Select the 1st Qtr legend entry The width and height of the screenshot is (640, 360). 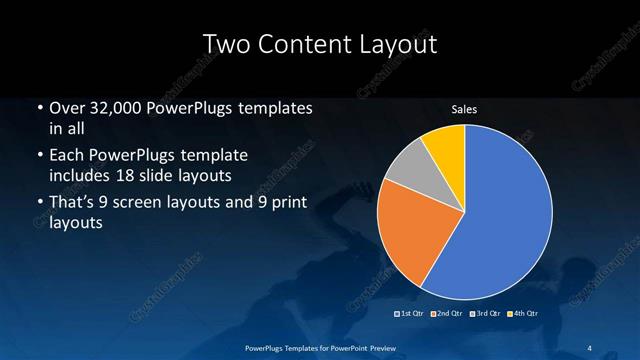tap(411, 313)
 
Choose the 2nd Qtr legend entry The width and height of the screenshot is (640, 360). tap(447, 313)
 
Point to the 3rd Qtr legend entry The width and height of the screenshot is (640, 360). tap(488, 313)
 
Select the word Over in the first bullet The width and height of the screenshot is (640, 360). tap(68, 108)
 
